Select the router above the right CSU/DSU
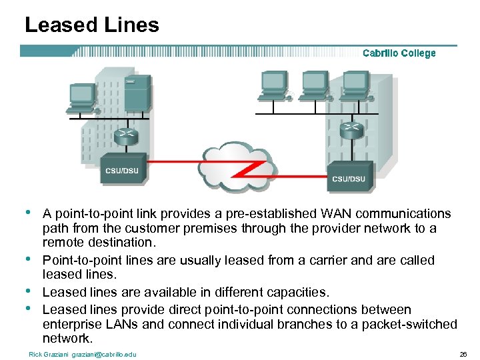point(351,129)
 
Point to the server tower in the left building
point(138,93)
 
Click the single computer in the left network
point(83,97)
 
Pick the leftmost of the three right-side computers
point(273,84)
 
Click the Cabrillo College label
point(399,53)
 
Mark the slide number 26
point(463,354)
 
